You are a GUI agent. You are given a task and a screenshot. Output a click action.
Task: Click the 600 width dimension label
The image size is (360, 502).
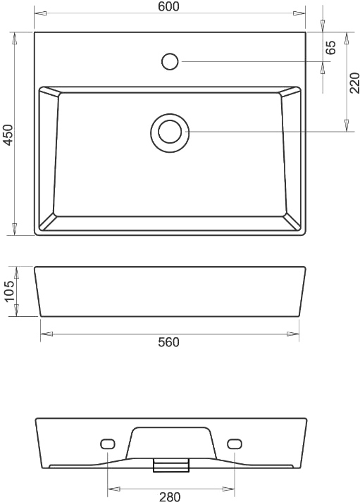pyautogui.click(x=169, y=6)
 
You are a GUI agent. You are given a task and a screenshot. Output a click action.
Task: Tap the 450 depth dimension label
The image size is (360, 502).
pyautogui.click(x=8, y=134)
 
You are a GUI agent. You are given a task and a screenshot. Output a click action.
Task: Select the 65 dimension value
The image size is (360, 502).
pyautogui.click(x=331, y=47)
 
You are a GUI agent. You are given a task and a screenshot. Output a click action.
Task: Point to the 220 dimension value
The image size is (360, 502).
pyautogui.click(x=354, y=83)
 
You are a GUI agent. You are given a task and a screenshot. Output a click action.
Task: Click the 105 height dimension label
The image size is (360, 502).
pyautogui.click(x=9, y=291)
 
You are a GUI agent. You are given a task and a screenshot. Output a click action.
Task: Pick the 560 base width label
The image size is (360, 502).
pyautogui.click(x=169, y=342)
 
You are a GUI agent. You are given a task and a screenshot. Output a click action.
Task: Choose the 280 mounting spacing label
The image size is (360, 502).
pyautogui.click(x=170, y=496)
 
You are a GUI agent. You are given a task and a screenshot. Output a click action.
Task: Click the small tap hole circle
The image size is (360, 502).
pyautogui.click(x=170, y=61)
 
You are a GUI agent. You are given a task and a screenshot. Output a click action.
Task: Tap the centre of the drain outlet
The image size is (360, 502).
pyautogui.click(x=170, y=132)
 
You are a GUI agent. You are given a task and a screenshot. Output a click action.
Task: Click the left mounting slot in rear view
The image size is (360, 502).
pyautogui.click(x=108, y=444)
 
